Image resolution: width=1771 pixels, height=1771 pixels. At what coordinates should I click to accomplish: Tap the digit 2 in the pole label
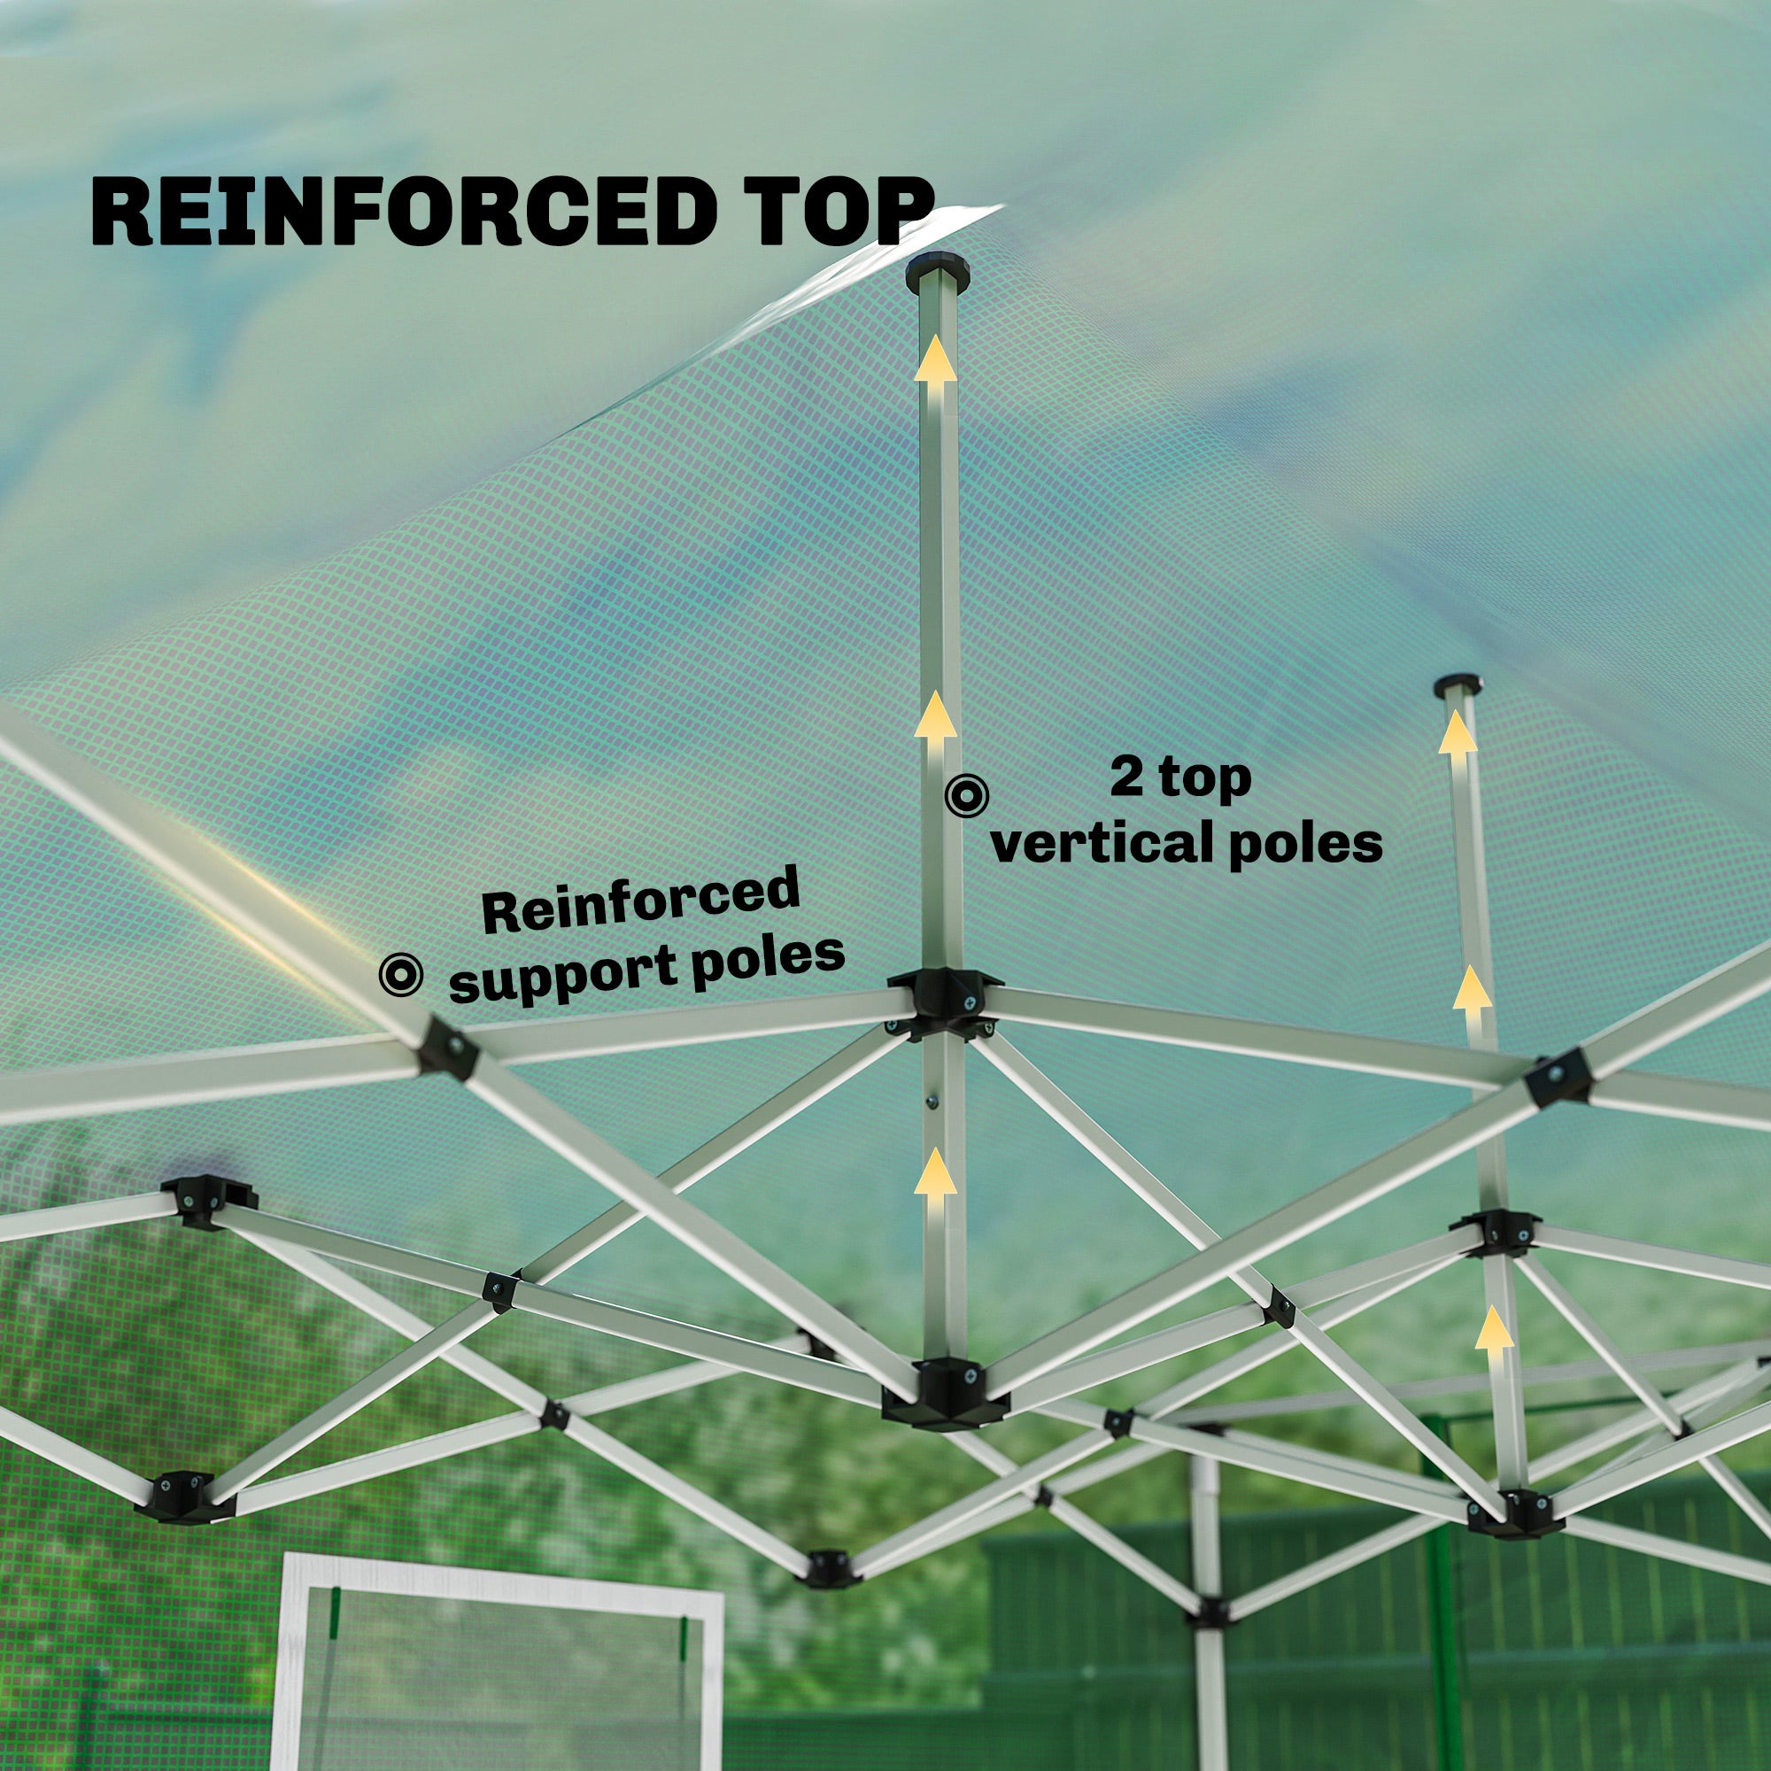coord(1126,777)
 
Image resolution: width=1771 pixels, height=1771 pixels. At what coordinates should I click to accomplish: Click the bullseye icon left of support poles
coord(401,974)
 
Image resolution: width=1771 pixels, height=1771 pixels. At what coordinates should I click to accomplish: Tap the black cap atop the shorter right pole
coord(1459,685)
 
